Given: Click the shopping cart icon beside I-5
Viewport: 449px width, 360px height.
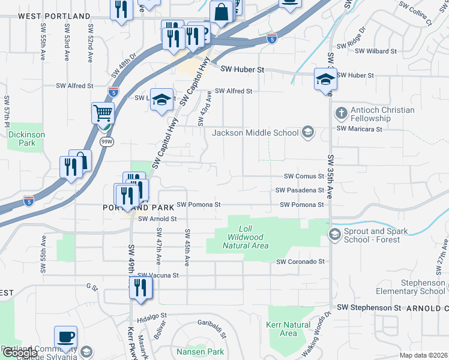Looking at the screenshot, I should (103, 113).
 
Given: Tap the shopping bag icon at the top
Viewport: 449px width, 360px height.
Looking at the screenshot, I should (221, 12).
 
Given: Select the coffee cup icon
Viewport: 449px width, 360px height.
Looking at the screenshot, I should (66, 337).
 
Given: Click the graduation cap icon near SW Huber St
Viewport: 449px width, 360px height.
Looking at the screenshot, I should (325, 79).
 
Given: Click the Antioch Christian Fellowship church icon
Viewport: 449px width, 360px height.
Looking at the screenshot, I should (341, 113).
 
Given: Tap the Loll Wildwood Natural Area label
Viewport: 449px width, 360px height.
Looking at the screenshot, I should (244, 238).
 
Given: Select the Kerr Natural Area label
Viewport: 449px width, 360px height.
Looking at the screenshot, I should (288, 329).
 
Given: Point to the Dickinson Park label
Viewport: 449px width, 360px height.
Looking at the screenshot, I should (26, 139).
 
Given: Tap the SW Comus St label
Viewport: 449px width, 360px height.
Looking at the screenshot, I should (304, 176).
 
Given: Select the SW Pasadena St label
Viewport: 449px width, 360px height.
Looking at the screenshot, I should (300, 190).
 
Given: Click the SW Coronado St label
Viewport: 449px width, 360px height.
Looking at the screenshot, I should (300, 262).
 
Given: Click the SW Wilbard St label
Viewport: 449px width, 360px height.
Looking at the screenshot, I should (376, 52).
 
